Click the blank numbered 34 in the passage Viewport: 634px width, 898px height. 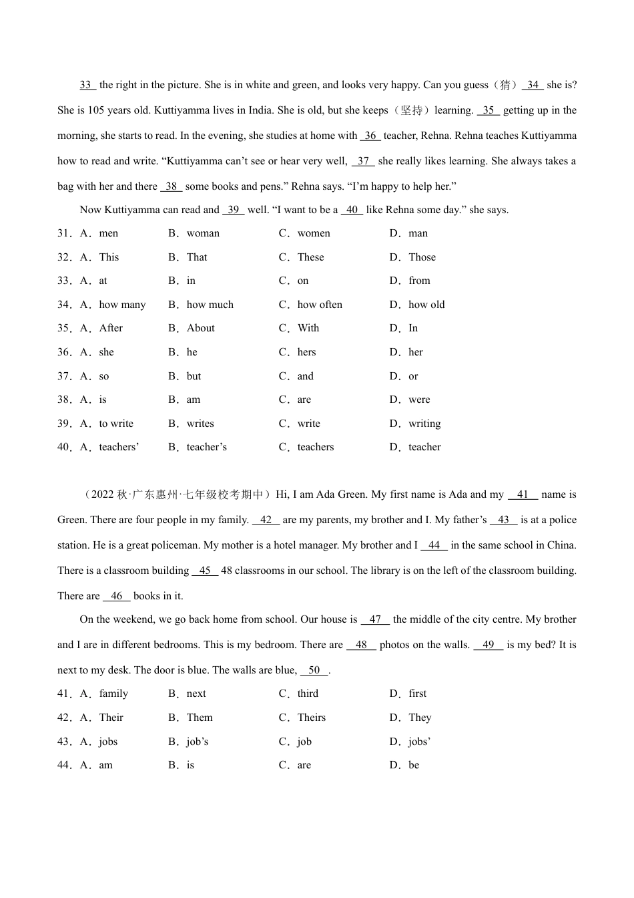533,85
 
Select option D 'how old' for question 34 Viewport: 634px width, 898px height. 426,305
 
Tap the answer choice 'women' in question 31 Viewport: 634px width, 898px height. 314,233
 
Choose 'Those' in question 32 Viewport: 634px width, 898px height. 422,257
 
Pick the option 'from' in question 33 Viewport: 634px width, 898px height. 419,281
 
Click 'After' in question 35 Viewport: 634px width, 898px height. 111,328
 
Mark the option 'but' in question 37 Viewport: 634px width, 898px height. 194,376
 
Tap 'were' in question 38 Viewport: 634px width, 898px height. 419,400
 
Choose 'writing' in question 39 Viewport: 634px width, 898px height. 424,424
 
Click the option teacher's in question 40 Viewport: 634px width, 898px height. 207,447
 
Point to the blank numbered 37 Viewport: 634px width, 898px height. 363,161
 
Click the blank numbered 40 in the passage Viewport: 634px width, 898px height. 352,210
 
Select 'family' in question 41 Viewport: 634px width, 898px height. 113,694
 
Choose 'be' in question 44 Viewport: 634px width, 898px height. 414,765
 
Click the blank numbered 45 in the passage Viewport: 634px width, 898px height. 205,571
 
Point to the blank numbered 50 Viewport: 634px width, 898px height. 314,670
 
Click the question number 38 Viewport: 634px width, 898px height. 64,400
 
